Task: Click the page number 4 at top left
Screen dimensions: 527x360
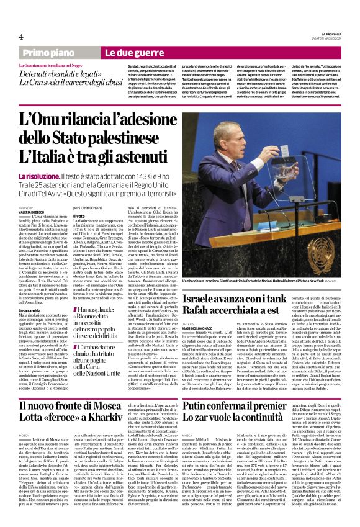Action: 20,37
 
